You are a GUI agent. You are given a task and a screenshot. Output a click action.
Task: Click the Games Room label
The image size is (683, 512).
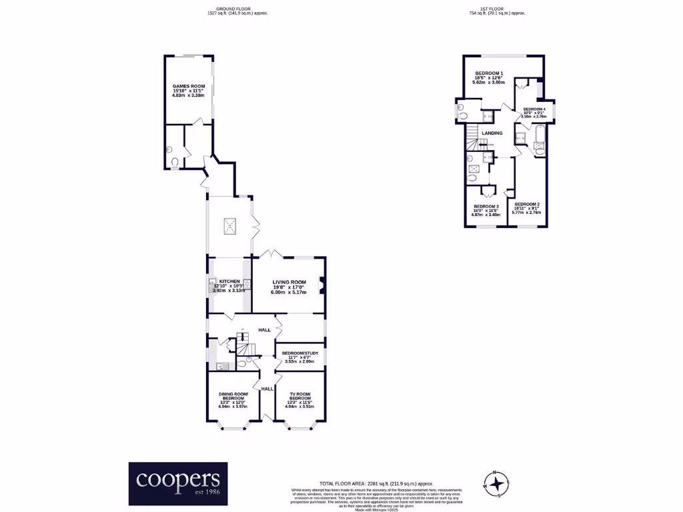(189, 87)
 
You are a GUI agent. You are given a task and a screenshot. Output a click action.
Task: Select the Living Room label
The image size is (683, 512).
(288, 283)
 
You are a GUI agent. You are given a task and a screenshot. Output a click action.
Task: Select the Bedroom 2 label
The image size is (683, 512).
(526, 204)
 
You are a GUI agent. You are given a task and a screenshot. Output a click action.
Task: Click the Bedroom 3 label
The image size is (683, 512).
(486, 207)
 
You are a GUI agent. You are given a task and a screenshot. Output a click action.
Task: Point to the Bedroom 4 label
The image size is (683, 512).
(534, 109)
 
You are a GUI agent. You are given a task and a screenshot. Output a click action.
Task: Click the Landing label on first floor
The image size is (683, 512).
(492, 133)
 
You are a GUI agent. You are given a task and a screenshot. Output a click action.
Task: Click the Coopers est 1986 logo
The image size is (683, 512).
(177, 483)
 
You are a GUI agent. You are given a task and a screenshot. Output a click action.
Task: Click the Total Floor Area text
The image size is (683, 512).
(376, 483)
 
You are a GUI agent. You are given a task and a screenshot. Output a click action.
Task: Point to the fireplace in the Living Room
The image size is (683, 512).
(322, 285)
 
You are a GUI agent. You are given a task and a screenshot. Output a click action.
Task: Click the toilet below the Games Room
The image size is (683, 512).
(175, 161)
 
